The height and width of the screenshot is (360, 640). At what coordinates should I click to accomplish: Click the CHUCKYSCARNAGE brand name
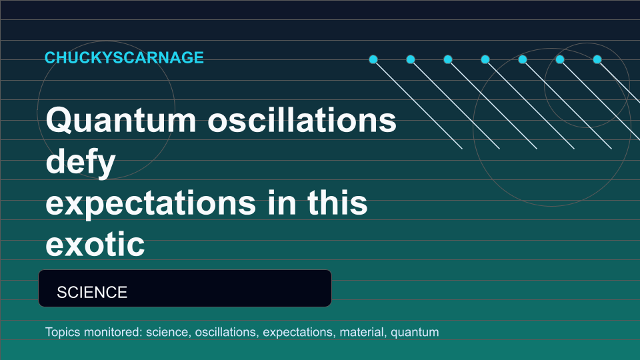tap(124, 57)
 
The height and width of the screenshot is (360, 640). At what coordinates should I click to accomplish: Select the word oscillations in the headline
tap(302, 120)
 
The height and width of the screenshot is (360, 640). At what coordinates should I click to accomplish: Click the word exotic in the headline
tap(95, 244)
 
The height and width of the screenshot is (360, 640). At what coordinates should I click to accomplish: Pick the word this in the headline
tap(337, 202)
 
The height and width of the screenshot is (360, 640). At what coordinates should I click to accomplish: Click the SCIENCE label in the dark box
tap(92, 292)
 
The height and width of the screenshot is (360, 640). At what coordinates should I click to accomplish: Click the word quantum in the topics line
tap(415, 333)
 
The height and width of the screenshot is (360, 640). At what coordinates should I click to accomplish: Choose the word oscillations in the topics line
tap(227, 332)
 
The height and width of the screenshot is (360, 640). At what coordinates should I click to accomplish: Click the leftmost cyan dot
tap(373, 59)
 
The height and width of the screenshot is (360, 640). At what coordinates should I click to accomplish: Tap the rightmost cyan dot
tap(597, 59)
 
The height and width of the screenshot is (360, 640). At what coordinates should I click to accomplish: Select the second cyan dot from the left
tap(411, 59)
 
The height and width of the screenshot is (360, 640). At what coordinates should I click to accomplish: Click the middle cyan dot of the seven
tap(485, 59)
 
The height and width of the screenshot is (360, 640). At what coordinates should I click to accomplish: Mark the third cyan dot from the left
tap(448, 59)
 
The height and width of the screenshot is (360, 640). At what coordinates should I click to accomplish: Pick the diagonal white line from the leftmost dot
tap(417, 104)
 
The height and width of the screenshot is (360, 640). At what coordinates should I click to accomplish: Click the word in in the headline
tap(281, 202)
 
